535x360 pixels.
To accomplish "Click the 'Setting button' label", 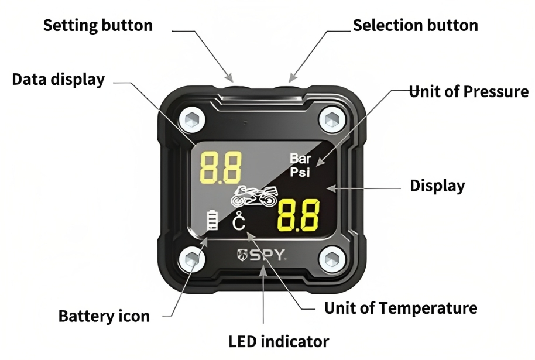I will [x=98, y=26].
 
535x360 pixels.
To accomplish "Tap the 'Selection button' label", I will [x=416, y=26].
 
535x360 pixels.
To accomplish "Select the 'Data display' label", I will [x=59, y=80].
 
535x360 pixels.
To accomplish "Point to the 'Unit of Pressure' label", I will [x=468, y=92].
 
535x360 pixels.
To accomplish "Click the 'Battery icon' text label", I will [x=104, y=316].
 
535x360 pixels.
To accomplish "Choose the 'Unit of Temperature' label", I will [x=401, y=307].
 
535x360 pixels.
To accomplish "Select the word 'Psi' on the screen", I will [x=301, y=172].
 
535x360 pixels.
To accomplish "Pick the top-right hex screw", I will [x=330, y=119].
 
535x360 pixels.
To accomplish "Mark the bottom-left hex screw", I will [x=190, y=259].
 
